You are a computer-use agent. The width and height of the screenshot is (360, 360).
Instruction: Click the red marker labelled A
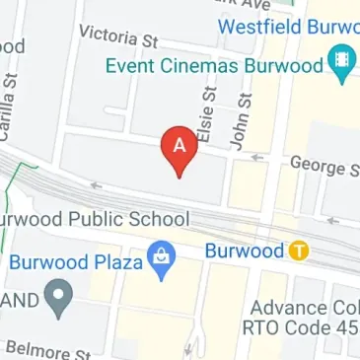180,149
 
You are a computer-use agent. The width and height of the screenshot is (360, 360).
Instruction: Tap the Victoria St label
118,39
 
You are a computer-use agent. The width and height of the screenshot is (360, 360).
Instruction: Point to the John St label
239,120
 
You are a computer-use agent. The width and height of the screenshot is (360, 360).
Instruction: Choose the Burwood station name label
246,252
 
